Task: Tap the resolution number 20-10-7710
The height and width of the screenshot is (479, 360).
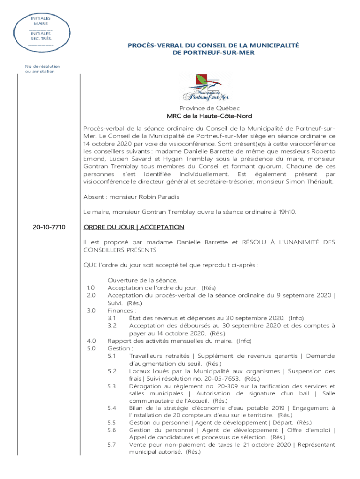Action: (x=49, y=227)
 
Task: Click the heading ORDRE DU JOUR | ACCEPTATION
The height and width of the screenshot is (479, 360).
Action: (x=134, y=227)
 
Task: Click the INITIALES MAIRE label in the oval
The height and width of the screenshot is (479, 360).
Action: (x=41, y=21)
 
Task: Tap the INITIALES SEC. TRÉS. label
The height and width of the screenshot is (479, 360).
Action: (x=41, y=36)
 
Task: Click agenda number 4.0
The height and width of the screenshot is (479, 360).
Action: (x=91, y=341)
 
